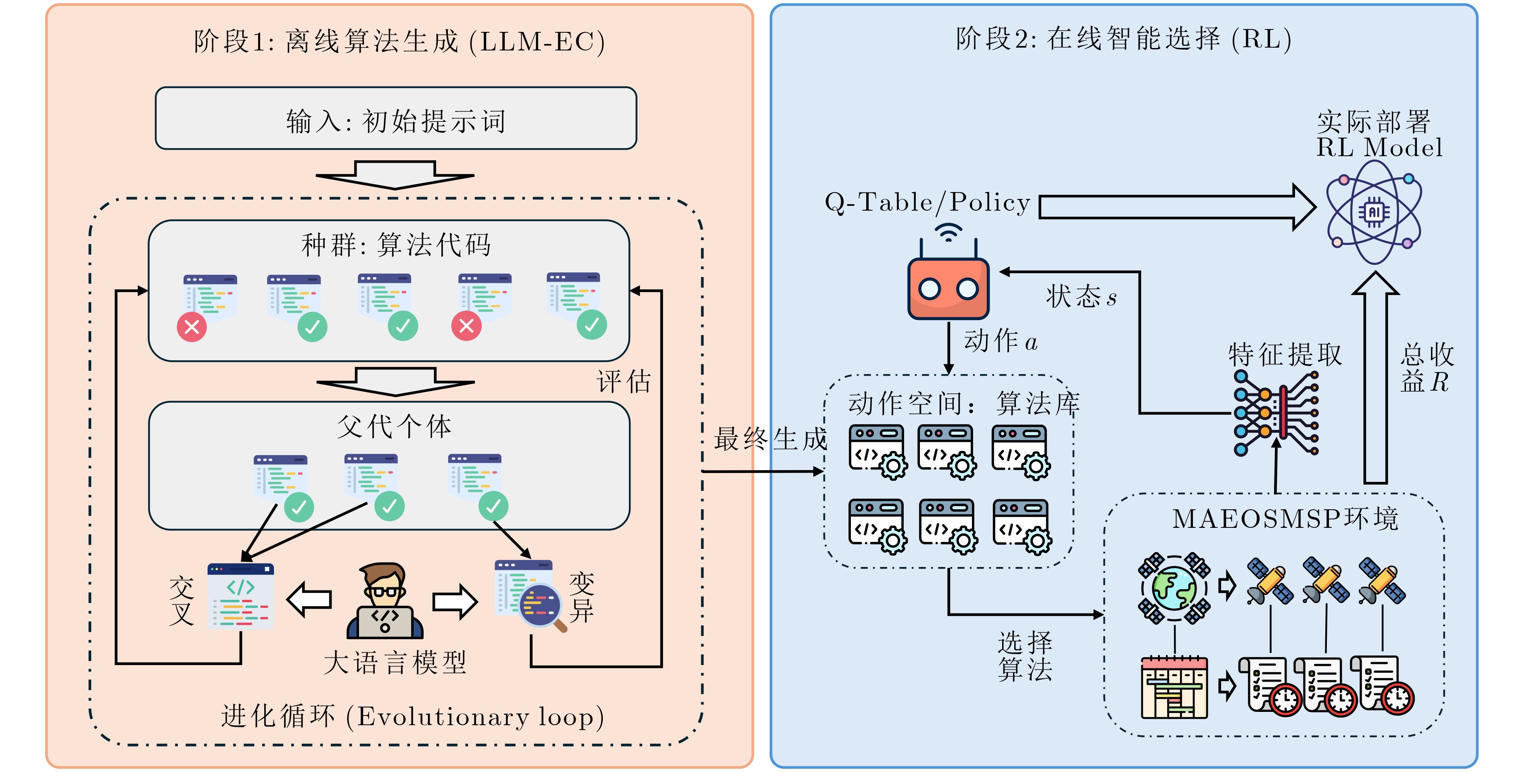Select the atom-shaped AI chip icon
click(x=1373, y=212)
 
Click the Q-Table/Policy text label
click(x=927, y=203)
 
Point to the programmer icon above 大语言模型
click(x=385, y=600)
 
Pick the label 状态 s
click(x=1081, y=296)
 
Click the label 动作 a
click(x=1001, y=341)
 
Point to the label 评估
click(x=623, y=381)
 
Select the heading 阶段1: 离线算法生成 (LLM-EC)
click(x=399, y=42)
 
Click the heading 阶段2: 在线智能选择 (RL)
click(x=1123, y=39)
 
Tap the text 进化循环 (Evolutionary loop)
click(x=413, y=716)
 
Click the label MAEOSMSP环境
click(x=1285, y=519)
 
